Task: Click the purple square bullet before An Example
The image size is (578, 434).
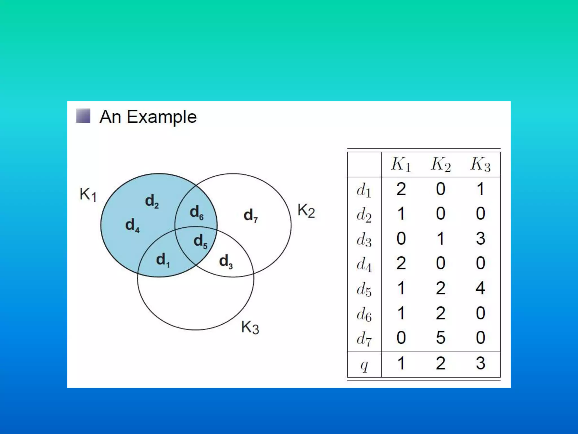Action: pyautogui.click(x=83, y=116)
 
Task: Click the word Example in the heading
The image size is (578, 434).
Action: pyautogui.click(x=162, y=117)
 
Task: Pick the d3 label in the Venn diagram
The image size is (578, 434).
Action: pyautogui.click(x=226, y=261)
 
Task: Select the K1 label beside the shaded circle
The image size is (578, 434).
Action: pyautogui.click(x=88, y=195)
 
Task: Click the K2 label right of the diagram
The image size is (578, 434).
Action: pyautogui.click(x=306, y=211)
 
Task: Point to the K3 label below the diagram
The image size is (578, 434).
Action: pyautogui.click(x=250, y=328)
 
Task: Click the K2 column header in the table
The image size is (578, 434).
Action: pyautogui.click(x=441, y=164)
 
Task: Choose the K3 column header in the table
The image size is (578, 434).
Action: pyautogui.click(x=480, y=164)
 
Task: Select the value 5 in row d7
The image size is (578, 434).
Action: pyautogui.click(x=441, y=338)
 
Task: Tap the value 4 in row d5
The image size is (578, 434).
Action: pyautogui.click(x=480, y=288)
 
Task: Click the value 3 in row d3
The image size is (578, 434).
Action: pyautogui.click(x=480, y=238)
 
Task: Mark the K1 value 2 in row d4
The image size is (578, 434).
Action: pyautogui.click(x=401, y=263)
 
